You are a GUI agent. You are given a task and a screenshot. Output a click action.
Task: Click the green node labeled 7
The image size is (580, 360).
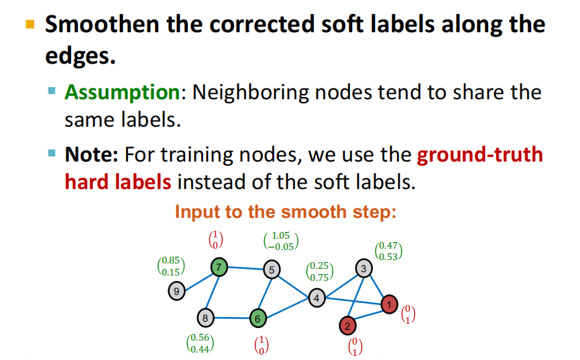tap(219, 267)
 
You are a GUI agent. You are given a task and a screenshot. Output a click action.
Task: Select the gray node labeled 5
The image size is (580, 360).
tap(272, 269)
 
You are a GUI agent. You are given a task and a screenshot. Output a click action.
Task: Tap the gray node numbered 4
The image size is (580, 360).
tap(316, 298)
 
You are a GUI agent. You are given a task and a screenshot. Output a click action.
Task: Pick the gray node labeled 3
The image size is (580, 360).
tap(363, 268)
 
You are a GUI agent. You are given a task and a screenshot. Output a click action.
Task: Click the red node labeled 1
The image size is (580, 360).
tap(389, 304)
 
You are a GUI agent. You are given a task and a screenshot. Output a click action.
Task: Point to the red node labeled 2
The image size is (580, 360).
tap(347, 326)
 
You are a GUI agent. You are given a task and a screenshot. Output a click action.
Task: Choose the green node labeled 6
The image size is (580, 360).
tap(258, 318)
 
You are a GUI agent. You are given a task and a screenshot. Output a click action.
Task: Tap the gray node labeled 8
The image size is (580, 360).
tap(205, 318)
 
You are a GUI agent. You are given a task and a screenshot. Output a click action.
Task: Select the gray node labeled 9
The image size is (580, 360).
tap(176, 291)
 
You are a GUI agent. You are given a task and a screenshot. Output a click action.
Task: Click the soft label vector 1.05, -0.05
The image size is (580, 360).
tap(281, 241)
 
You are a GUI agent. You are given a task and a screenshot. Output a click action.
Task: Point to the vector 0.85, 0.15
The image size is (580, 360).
tap(171, 266)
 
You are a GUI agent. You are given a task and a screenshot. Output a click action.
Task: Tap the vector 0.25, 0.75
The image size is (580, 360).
tap(320, 272)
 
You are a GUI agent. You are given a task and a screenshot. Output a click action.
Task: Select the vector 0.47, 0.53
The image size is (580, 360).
tap(388, 251)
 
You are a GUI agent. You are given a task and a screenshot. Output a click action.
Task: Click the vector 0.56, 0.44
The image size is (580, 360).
tap(200, 343)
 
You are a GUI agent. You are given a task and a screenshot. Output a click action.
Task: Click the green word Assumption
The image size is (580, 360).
tap(122, 93)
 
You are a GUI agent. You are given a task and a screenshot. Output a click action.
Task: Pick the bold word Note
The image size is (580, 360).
tap(91, 154)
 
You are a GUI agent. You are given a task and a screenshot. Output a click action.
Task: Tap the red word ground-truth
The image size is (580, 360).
tap(480, 154)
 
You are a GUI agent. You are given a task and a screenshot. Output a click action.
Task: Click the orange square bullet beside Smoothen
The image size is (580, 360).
tap(30, 24)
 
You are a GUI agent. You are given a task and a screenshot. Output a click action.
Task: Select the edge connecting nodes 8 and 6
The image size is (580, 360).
tap(231, 318)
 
